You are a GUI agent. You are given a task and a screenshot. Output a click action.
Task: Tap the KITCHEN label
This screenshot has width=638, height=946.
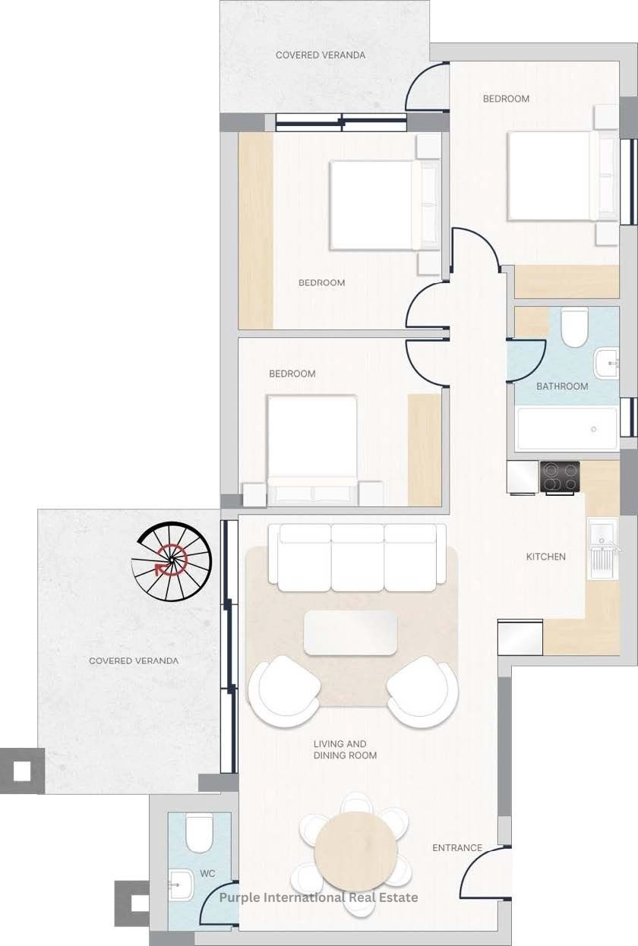tap(545, 557)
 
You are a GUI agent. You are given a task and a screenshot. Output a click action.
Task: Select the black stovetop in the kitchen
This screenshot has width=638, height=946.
tap(560, 478)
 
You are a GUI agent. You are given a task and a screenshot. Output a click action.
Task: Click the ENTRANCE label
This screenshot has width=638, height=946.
tap(457, 847)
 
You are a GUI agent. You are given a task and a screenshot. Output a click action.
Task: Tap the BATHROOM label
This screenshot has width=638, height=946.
tap(562, 386)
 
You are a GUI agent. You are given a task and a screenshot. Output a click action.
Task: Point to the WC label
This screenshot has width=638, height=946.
tap(207, 873)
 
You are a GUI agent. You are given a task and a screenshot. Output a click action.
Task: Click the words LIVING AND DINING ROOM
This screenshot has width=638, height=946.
tap(345, 749)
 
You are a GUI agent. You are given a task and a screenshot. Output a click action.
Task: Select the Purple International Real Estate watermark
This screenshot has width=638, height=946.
tap(318, 897)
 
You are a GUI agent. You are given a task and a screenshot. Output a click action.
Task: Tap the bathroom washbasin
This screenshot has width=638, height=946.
tap(606, 362)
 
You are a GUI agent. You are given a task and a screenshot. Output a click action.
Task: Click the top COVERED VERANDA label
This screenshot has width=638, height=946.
tap(321, 55)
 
